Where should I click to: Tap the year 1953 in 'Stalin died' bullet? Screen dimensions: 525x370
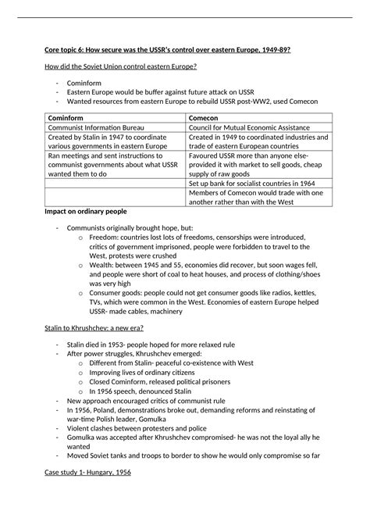(119, 366)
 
